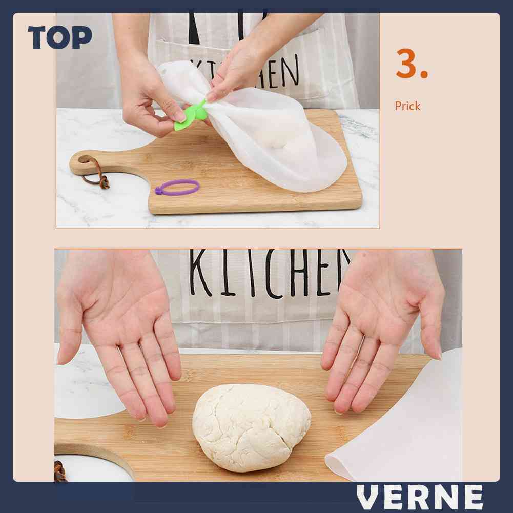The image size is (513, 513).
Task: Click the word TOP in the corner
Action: (x=59, y=38)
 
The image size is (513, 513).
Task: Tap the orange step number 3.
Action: (x=411, y=65)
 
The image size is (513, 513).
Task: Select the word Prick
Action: (x=407, y=106)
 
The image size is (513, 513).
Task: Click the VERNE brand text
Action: (x=420, y=497)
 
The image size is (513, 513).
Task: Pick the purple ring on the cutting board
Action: (x=177, y=187)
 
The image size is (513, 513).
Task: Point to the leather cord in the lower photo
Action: (x=60, y=471)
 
